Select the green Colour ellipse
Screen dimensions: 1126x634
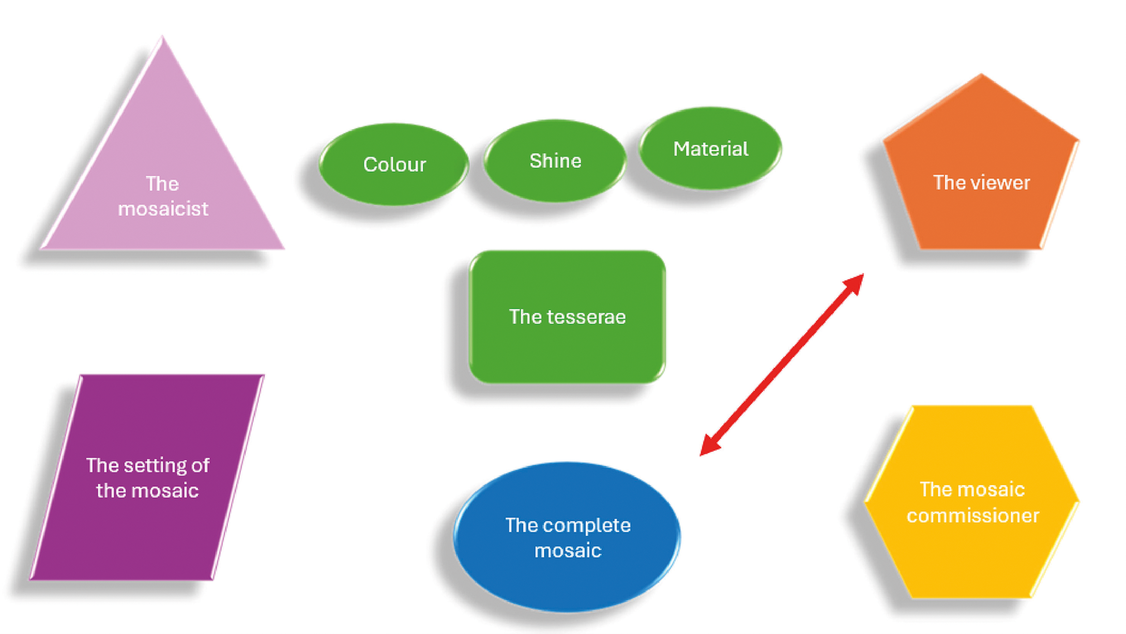pos(394,164)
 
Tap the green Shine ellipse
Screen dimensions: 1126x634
pos(555,161)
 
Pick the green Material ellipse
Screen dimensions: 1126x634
pos(710,149)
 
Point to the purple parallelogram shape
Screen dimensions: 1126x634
pos(147,477)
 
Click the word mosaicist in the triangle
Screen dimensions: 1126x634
pos(163,209)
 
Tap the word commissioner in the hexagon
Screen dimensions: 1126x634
pos(973,516)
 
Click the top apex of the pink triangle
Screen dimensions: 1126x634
pos(163,36)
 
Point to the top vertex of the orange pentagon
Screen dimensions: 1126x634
pos(982,74)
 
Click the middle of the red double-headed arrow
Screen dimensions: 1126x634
pos(781,365)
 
